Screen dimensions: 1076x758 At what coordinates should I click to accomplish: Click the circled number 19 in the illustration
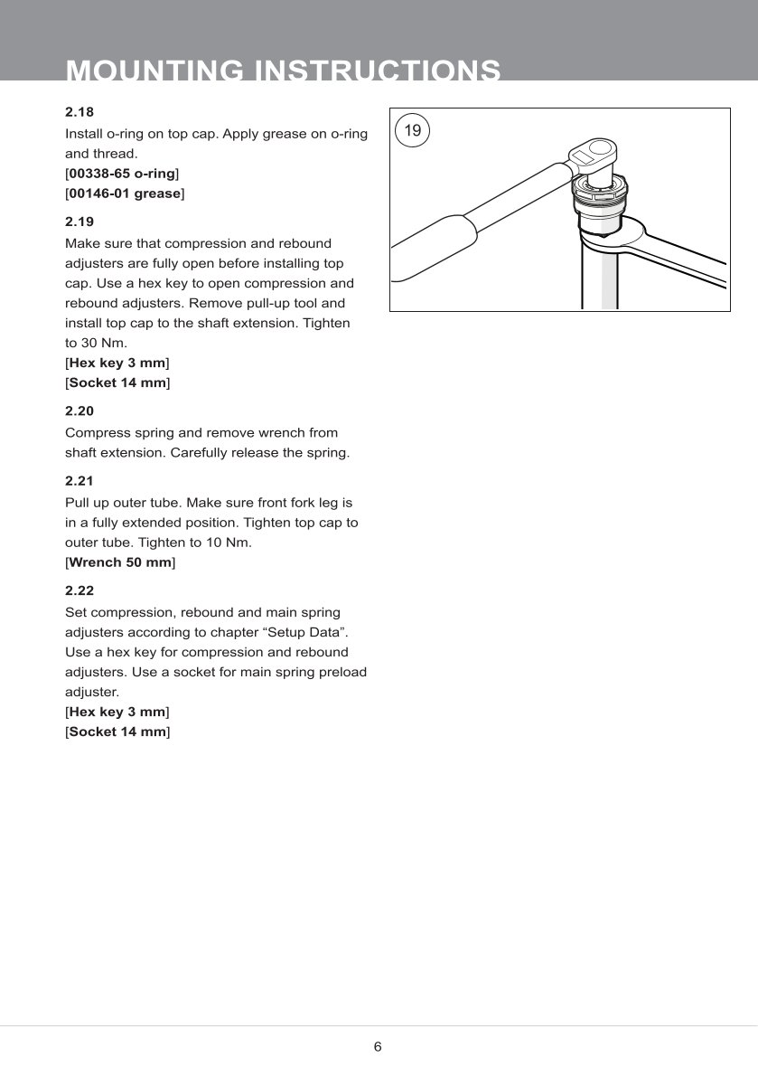click(412, 131)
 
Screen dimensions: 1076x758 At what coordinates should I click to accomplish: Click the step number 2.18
click(80, 112)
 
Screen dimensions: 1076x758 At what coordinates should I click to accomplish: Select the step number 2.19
click(80, 222)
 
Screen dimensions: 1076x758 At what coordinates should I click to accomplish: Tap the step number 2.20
click(80, 411)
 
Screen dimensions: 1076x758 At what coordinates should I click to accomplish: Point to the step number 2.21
click(80, 481)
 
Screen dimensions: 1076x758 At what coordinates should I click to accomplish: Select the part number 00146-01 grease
click(125, 193)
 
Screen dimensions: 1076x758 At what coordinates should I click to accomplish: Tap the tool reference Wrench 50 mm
click(120, 562)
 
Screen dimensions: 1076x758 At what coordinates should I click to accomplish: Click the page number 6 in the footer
click(378, 1047)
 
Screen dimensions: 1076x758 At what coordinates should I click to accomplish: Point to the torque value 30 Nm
click(90, 344)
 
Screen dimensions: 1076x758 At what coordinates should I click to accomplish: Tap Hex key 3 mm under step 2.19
click(117, 363)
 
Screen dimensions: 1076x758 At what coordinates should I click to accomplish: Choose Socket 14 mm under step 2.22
click(117, 731)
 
